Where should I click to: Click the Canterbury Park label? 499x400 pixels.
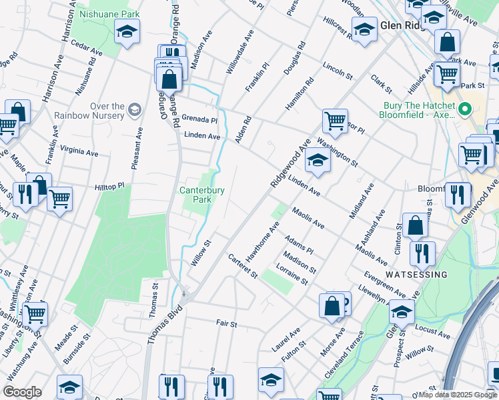click(195, 195)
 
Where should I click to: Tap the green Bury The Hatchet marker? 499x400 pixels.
click(467, 109)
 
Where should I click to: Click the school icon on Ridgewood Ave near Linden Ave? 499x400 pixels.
click(318, 161)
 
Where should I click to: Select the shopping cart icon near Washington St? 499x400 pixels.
click(335, 121)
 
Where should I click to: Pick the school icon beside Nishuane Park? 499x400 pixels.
click(126, 31)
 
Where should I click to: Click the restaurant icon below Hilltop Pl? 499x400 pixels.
click(25, 195)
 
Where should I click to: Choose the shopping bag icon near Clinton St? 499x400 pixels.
click(415, 226)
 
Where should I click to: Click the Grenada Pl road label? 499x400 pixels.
click(200, 119)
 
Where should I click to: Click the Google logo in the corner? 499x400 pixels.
click(22, 393)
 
